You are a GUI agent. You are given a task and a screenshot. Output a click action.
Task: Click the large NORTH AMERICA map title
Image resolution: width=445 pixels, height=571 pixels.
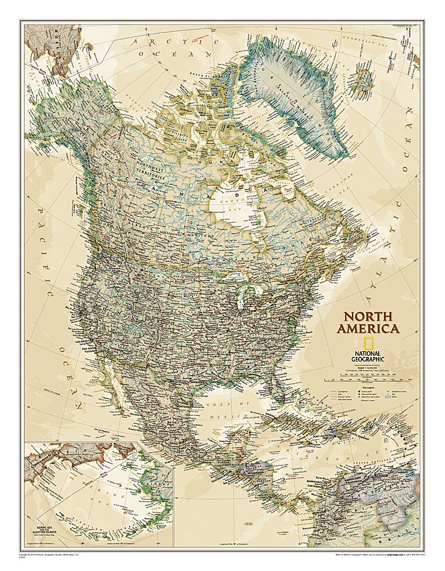tap(367, 323)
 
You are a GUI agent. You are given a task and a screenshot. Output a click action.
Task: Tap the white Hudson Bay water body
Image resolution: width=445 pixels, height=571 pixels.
tap(228, 203)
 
